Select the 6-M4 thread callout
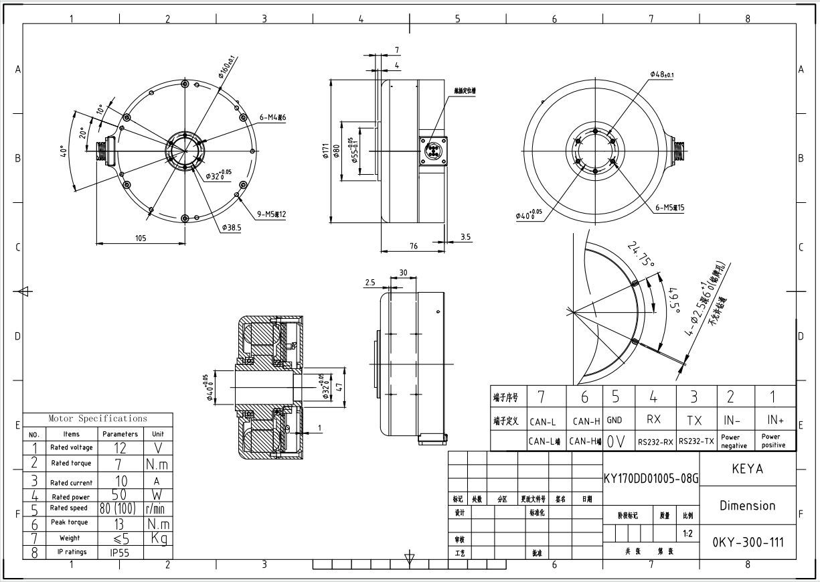pos(272,118)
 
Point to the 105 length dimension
pos(141,238)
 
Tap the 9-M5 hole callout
pos(272,214)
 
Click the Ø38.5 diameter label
pos(232,228)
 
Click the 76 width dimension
pos(414,246)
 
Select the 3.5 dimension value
pos(466,236)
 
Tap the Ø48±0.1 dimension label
pos(661,74)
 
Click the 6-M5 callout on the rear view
pos(669,208)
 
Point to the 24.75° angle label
pos(641,254)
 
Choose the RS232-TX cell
pos(696,441)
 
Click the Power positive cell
pos(775,441)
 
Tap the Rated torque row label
pos(71,463)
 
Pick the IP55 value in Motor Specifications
pos(119,553)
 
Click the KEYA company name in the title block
pos(747,469)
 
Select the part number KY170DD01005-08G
pos(651,479)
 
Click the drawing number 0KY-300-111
pos(747,542)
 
